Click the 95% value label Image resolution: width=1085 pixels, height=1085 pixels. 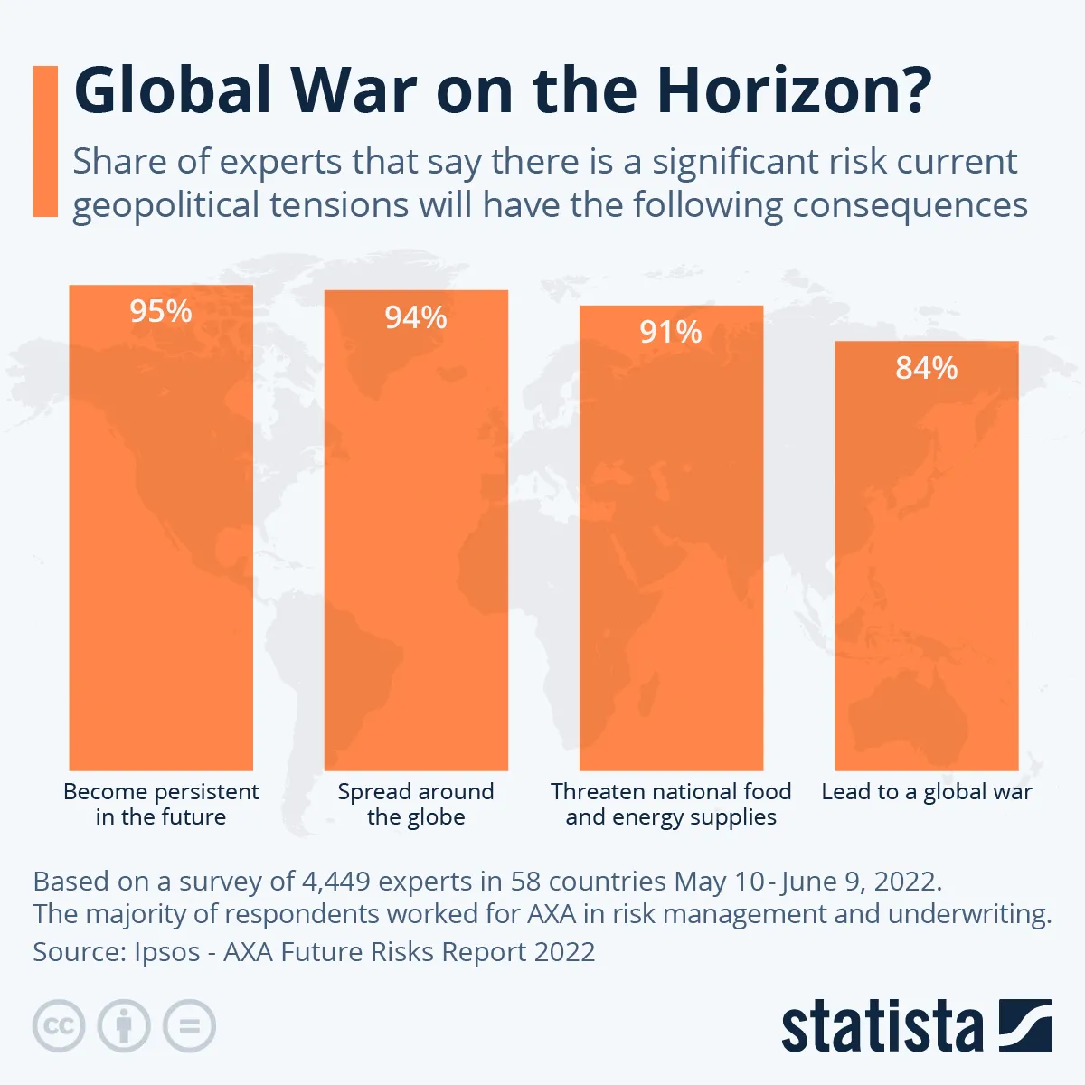(161, 312)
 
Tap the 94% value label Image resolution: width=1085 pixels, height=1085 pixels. (416, 318)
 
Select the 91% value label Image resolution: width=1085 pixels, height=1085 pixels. (671, 333)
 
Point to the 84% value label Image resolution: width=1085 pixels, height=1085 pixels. (927, 369)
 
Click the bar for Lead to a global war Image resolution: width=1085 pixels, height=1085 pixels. (927, 570)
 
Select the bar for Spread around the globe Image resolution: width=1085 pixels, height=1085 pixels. (416, 542)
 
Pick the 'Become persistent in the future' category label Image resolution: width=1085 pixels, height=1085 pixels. (161, 804)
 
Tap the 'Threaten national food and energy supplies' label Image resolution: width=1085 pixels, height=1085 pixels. (671, 804)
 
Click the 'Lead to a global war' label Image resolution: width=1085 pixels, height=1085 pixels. (927, 792)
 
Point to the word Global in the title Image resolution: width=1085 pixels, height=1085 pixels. (172, 91)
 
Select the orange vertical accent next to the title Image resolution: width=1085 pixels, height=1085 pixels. (45, 141)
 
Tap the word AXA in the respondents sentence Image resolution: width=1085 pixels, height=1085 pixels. (551, 914)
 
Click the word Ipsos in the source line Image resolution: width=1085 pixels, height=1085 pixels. (166, 952)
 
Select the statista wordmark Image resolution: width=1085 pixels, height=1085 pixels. (882, 1028)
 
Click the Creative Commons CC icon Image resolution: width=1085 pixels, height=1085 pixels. (59, 1026)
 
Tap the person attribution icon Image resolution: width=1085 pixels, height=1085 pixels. (124, 1026)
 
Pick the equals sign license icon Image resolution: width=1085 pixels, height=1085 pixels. (189, 1026)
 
